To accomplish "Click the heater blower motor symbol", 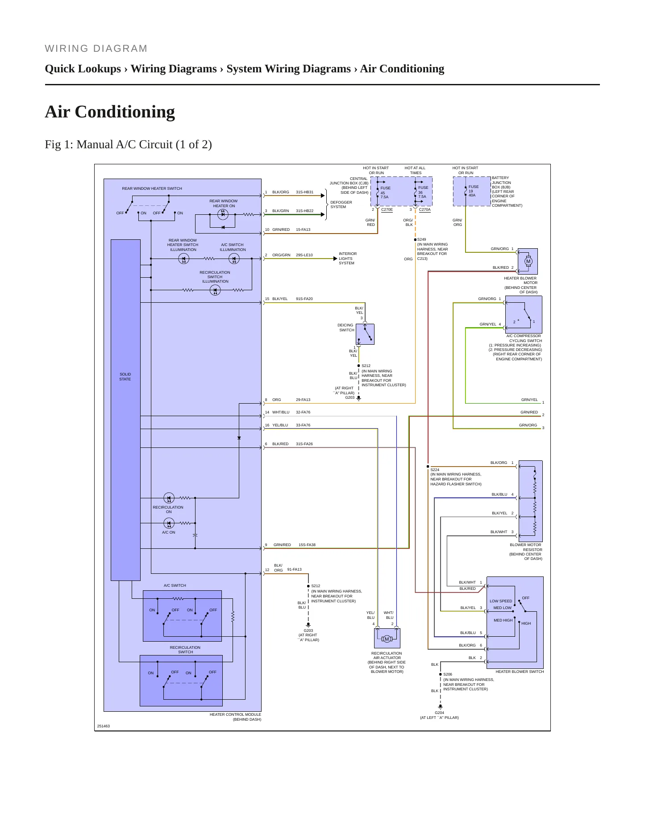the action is [x=528, y=262].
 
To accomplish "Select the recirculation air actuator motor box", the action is [x=387, y=639].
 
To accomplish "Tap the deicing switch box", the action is [x=365, y=334].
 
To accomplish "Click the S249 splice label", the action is [x=422, y=239].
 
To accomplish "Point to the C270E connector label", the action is [x=387, y=209].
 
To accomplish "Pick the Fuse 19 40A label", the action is [x=473, y=191].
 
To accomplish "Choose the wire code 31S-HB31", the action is [x=304, y=192].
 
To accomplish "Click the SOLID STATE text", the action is [x=125, y=377].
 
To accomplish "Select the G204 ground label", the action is [x=440, y=713].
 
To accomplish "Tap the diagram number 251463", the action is [x=104, y=726].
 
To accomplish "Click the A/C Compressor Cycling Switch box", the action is [x=524, y=315].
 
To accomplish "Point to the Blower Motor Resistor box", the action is [x=531, y=501].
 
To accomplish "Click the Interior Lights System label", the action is [x=347, y=259].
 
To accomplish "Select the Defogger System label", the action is [x=341, y=205].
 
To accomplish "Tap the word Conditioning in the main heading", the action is [x=125, y=112].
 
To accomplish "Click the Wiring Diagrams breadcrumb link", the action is [x=174, y=69].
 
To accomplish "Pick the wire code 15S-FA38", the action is [x=307, y=545].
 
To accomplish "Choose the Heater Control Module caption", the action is [x=235, y=717].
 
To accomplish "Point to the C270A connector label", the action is [x=425, y=209].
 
